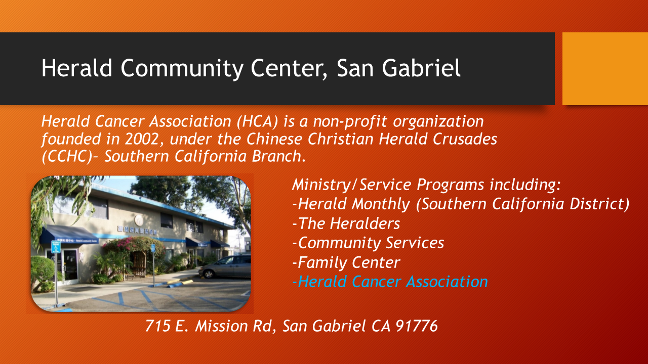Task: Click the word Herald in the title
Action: tap(76, 68)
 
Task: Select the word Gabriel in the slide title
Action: tap(421, 68)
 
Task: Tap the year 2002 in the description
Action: tap(142, 139)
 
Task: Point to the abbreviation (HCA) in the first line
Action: tap(257, 121)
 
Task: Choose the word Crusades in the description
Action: tap(465, 139)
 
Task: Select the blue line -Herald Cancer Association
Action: tap(390, 282)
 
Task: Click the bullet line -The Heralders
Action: tap(346, 223)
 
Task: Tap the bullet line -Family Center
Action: tap(346, 262)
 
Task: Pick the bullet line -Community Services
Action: tap(368, 243)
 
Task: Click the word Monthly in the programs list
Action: tap(381, 204)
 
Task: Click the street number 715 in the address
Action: tap(157, 326)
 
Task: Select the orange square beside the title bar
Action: tap(605, 69)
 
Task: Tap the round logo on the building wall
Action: tap(139, 220)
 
